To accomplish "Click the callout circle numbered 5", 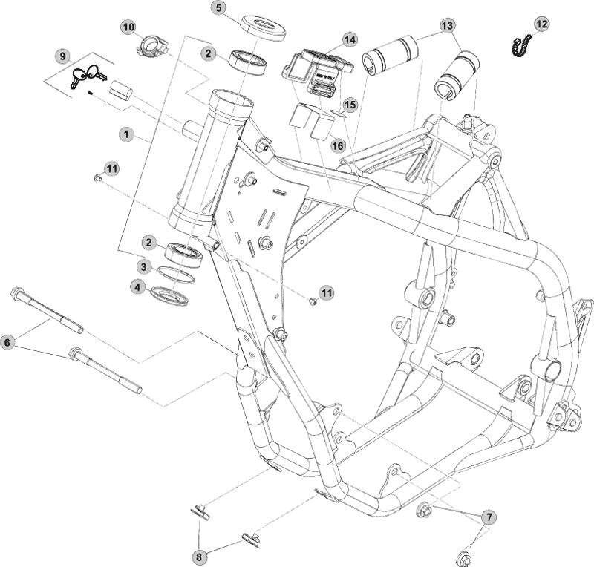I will [x=218, y=8].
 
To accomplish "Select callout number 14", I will [x=349, y=39].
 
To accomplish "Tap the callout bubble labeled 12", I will [x=541, y=24].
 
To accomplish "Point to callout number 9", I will [x=63, y=56].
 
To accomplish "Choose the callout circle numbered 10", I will [x=128, y=27].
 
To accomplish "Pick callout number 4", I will [x=137, y=286].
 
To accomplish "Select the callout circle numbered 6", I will [x=7, y=342].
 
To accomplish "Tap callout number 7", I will [x=489, y=516].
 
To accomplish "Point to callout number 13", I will [x=446, y=25].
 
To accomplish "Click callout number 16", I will [x=338, y=146].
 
